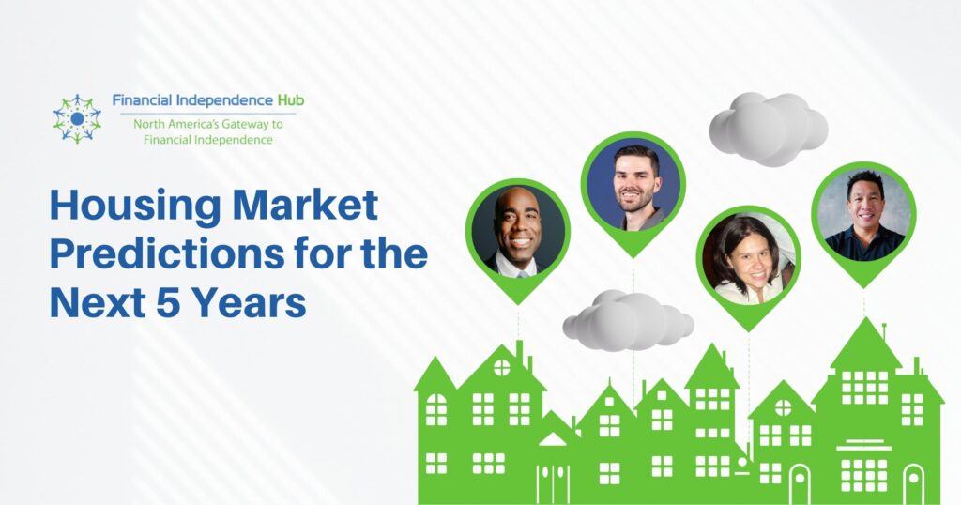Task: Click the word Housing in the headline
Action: [135, 207]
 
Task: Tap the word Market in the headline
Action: [305, 205]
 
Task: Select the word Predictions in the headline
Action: [167, 253]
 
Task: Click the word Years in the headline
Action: [249, 302]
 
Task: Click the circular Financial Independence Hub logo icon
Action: [77, 118]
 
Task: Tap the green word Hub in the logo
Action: [290, 99]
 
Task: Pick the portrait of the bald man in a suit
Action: [518, 231]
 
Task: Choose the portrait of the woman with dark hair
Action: [748, 258]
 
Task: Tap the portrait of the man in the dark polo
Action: [863, 214]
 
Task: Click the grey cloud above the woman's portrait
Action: [769, 129]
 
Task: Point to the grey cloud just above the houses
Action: [628, 321]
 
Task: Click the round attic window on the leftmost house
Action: [501, 368]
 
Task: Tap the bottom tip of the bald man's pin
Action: [518, 304]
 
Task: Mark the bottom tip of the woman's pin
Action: [748, 331]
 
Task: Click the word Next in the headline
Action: [98, 302]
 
